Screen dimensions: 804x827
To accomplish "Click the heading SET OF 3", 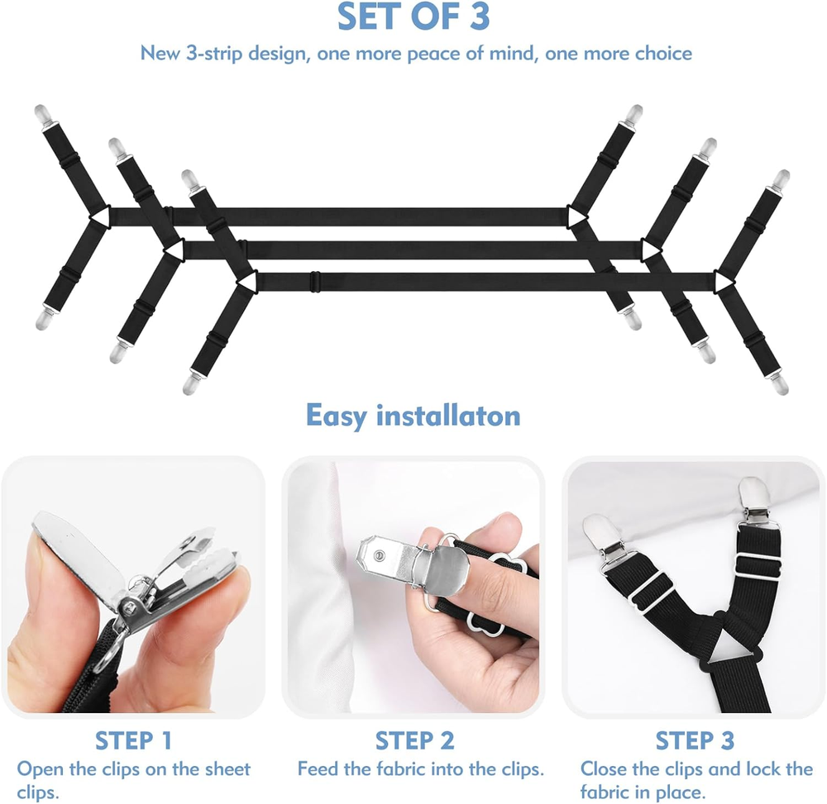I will click(x=414, y=17).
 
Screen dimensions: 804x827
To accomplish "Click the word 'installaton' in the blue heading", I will click(x=447, y=415).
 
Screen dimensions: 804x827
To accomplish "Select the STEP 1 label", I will click(x=133, y=740).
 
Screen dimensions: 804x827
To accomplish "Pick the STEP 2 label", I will click(x=414, y=740).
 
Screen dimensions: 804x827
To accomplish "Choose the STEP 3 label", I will click(x=695, y=740).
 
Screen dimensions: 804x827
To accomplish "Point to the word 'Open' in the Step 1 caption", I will click(x=39, y=769).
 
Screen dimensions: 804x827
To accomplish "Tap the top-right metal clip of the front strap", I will click(x=779, y=180).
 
